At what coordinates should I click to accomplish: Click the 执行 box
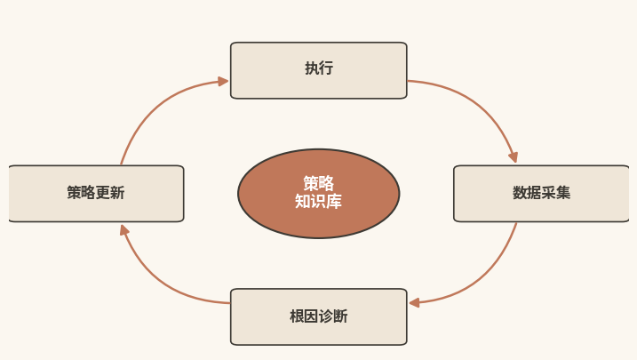(318, 70)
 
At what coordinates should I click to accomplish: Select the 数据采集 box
(541, 194)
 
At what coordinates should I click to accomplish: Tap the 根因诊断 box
(318, 317)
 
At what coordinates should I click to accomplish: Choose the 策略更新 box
(96, 194)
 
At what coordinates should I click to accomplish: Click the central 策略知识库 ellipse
(318, 194)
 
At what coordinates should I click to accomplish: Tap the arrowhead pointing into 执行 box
(223, 81)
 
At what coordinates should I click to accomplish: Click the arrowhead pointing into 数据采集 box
(514, 157)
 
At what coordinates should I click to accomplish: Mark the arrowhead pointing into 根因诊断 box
(414, 303)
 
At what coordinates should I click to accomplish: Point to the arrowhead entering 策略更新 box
(123, 230)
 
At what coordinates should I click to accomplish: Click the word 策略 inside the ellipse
(318, 184)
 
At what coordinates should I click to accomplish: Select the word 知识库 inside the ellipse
(318, 201)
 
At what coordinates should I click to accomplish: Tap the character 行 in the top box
(326, 68)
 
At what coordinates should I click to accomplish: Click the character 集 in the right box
(563, 193)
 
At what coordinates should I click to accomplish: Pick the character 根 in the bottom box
(297, 316)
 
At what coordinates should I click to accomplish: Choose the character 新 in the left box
(117, 193)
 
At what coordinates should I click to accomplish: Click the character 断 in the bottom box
(340, 316)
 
